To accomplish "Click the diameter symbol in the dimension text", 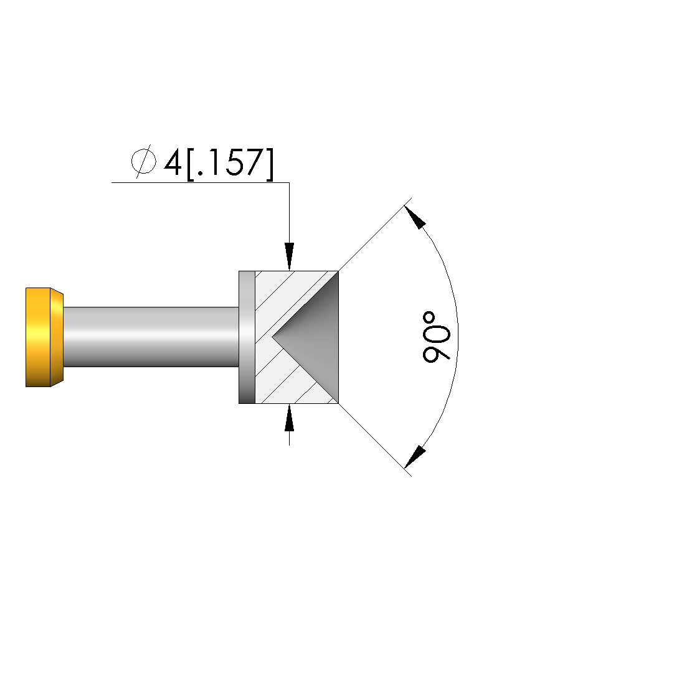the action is [143, 162].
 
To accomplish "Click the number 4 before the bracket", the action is [173, 163].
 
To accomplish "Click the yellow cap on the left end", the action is [44, 337].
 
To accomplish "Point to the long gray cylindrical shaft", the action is [151, 337].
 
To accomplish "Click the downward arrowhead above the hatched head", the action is [289, 256].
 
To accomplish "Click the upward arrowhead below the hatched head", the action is [289, 418].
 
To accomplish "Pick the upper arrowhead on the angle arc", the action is [414, 217].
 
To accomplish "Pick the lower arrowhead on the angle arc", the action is [414, 457].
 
